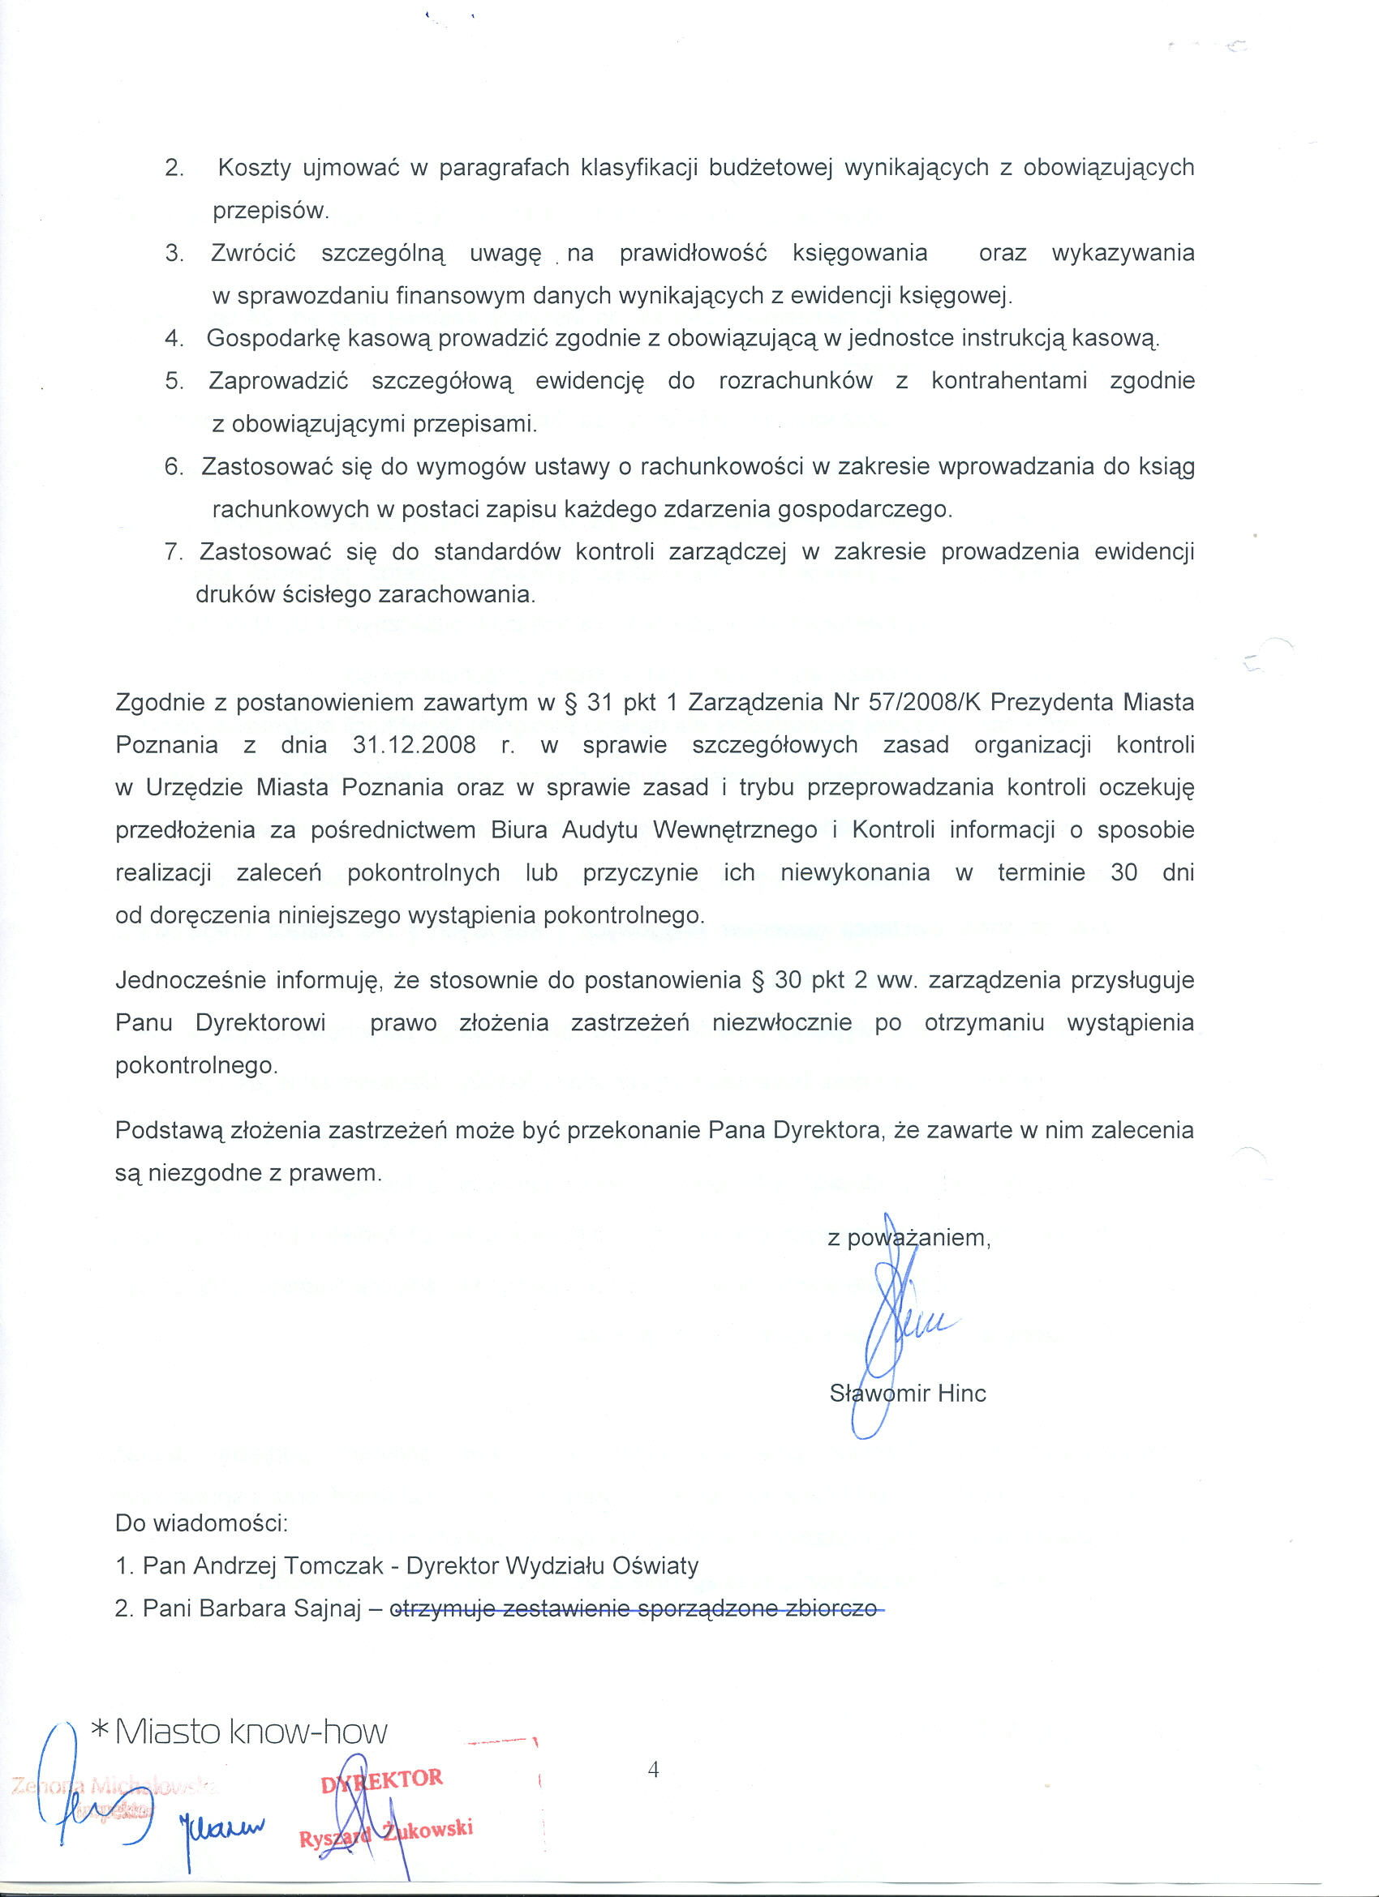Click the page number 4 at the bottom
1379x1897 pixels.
[654, 1769]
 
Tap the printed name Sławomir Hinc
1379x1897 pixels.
[908, 1394]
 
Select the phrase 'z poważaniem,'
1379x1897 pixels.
[909, 1238]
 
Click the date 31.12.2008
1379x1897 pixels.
[415, 745]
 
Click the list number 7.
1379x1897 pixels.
[174, 553]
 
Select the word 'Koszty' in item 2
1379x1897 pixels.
[255, 168]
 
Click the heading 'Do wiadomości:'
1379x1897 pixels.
[202, 1523]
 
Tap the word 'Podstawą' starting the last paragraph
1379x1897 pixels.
[170, 1131]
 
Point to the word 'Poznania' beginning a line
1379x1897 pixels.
[166, 745]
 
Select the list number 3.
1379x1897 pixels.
[174, 254]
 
